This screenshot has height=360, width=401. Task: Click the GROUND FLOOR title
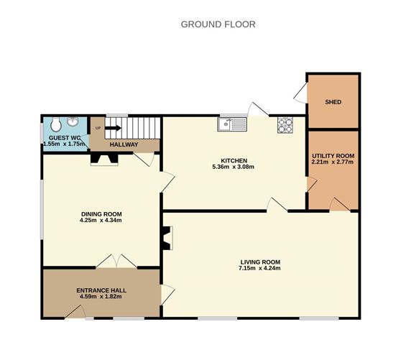[x=218, y=24]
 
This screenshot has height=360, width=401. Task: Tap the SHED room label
[x=332, y=101]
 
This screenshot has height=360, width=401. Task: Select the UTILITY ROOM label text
[x=333, y=155]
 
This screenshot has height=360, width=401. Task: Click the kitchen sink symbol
[x=233, y=124]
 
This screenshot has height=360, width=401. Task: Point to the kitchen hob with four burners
[x=286, y=124]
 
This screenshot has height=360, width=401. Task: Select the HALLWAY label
[x=123, y=144]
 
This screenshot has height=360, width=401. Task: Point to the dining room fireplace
[x=103, y=160]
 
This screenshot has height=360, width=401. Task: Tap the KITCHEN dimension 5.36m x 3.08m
[x=234, y=167]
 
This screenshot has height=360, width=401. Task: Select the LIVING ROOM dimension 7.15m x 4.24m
[x=260, y=268]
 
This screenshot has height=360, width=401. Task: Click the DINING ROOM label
[x=101, y=214]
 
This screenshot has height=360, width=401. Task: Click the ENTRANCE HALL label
[x=101, y=291]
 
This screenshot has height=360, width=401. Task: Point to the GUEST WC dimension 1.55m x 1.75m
[x=63, y=144]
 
